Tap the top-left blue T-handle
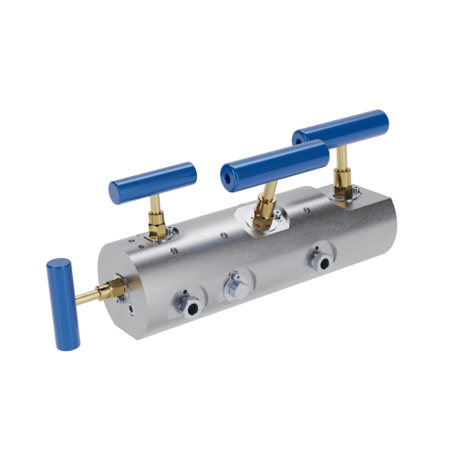click(152, 182)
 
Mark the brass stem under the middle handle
click(268, 193)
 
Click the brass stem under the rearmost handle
click(342, 166)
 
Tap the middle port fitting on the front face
click(235, 285)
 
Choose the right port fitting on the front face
click(320, 261)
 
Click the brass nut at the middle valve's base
click(263, 215)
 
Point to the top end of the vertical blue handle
click(58, 264)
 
